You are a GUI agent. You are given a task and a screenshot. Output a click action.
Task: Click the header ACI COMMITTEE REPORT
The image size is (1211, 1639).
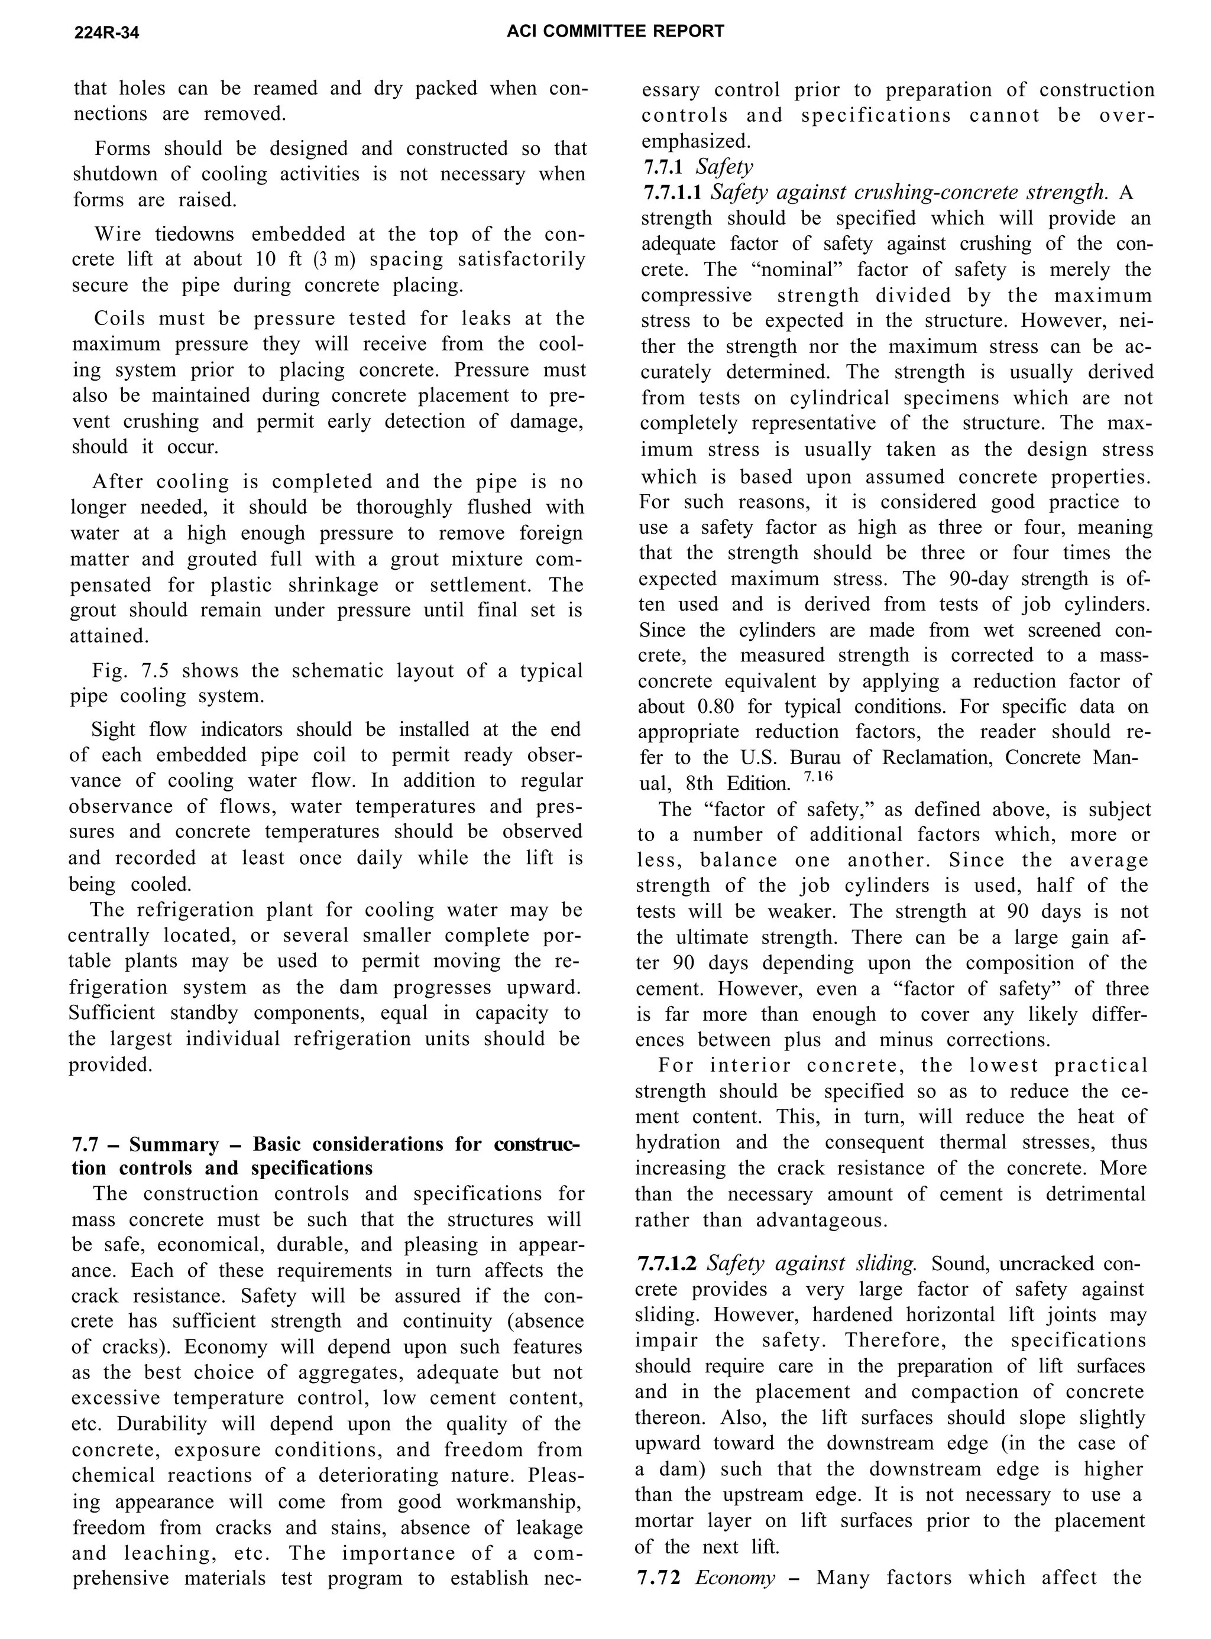(x=615, y=31)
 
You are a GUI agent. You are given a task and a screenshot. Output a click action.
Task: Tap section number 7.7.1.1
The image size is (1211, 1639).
(x=672, y=193)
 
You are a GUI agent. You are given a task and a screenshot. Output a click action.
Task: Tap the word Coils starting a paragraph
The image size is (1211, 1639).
(x=119, y=319)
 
